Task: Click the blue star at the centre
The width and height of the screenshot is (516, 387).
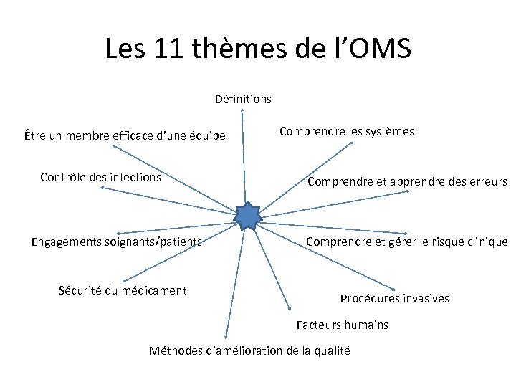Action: click(247, 216)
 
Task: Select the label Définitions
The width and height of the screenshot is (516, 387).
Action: click(243, 99)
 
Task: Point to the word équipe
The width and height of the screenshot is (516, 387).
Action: click(204, 135)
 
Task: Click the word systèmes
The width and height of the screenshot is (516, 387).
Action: click(390, 132)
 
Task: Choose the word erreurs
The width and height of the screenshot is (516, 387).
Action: click(482, 181)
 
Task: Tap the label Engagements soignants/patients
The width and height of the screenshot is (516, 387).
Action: click(116, 242)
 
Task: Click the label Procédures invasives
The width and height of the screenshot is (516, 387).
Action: click(394, 298)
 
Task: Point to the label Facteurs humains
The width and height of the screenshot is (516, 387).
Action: click(343, 325)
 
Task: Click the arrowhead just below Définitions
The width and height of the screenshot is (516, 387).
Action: click(243, 110)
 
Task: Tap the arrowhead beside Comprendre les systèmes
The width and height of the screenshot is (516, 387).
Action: click(353, 143)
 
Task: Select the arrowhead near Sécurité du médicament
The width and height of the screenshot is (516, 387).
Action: click(125, 281)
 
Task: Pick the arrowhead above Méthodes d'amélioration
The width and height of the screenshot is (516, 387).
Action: click(226, 336)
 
